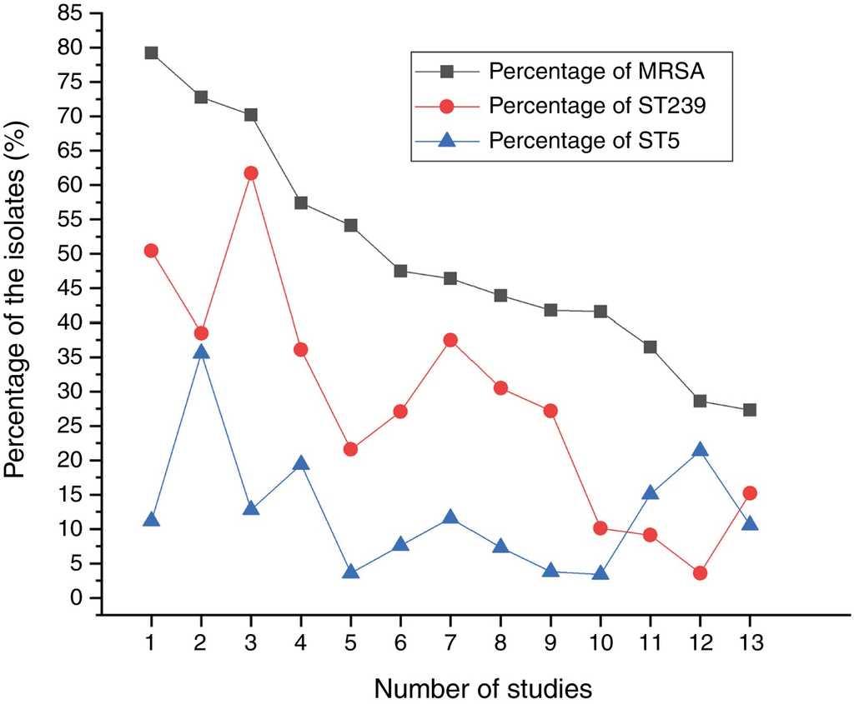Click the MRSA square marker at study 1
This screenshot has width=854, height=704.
pos(151,52)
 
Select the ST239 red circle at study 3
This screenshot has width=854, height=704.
pos(250,172)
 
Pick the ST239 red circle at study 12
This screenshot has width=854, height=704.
pos(700,573)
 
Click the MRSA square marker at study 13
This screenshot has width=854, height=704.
pos(750,410)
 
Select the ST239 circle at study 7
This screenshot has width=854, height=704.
pos(450,340)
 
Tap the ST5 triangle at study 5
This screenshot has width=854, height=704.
pos(350,572)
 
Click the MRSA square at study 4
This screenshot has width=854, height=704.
pos(300,202)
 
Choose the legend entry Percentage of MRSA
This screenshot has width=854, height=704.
pos(597,71)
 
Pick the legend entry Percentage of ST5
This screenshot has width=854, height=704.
pos(584,140)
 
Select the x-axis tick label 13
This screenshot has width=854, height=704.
pos(750,642)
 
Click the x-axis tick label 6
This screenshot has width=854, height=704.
pos(400,642)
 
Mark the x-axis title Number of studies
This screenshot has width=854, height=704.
pos(483,688)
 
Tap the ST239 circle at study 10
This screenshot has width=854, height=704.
pos(600,528)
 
